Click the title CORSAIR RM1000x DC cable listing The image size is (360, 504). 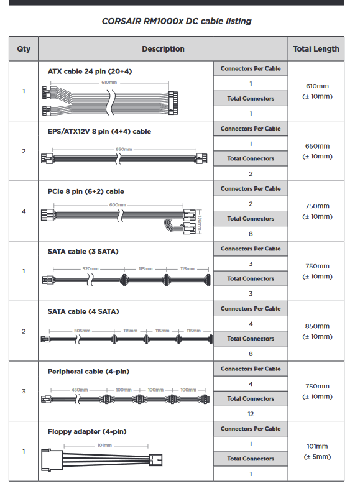click(177, 21)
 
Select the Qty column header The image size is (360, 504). click(24, 49)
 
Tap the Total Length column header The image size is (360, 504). click(316, 49)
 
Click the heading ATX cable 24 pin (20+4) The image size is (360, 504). click(90, 71)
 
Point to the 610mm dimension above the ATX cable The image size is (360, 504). click(109, 83)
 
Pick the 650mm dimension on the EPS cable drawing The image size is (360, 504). click(124, 150)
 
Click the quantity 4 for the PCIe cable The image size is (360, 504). click(24, 211)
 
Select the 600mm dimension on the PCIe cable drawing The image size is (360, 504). click(118, 205)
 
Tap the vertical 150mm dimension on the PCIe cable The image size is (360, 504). click(200, 222)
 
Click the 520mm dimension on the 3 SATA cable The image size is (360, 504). click(90, 268)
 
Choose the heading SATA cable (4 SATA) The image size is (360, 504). click(83, 311)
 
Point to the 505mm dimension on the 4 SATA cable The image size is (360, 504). click(82, 331)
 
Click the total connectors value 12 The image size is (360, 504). click(251, 414)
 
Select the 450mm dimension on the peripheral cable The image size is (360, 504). click(80, 390)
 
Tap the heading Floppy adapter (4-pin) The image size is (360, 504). click(87, 432)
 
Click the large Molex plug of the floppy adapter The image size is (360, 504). click(52, 460)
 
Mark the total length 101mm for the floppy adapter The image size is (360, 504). click(317, 446)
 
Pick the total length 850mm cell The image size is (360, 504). click(317, 326)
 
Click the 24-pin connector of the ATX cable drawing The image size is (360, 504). click(173, 103)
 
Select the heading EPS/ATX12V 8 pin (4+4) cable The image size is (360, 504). click(99, 132)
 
